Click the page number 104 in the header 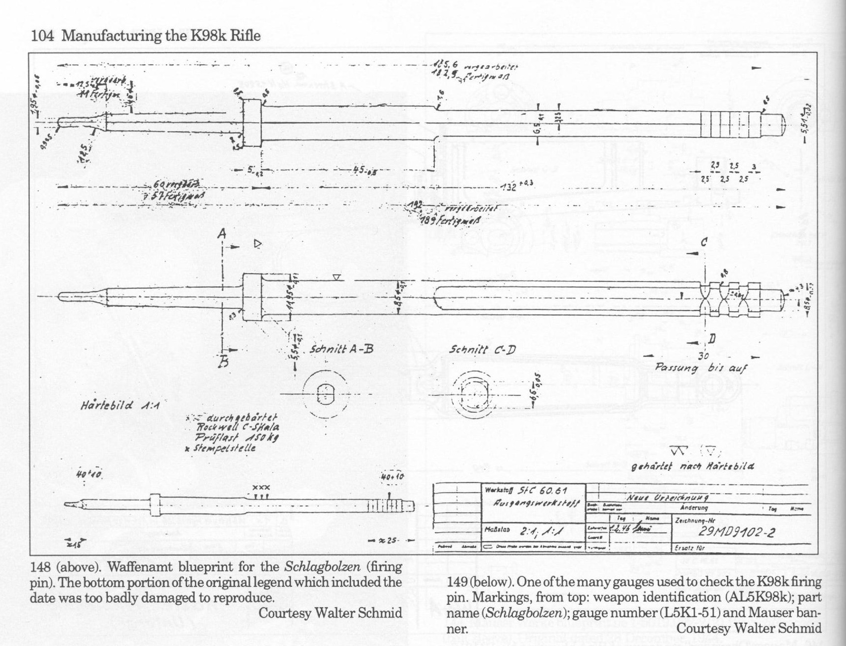42,36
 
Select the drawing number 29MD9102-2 736,533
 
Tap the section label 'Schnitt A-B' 341,350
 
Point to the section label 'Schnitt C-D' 482,350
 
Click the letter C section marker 704,242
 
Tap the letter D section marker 712,339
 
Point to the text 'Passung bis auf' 701,368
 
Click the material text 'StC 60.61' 542,491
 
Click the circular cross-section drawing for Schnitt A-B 325,394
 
